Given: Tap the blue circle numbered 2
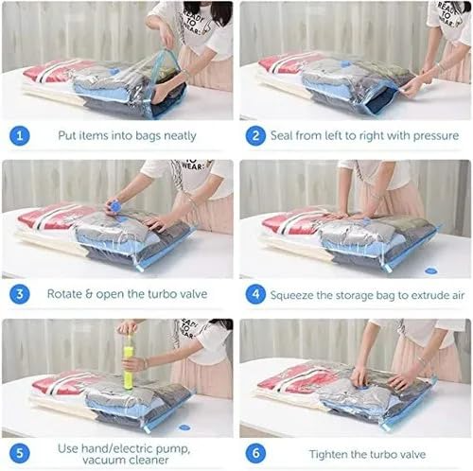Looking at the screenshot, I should (255, 135).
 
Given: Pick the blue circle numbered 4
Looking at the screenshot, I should (255, 293).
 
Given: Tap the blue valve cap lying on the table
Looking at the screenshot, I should (430, 271).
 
